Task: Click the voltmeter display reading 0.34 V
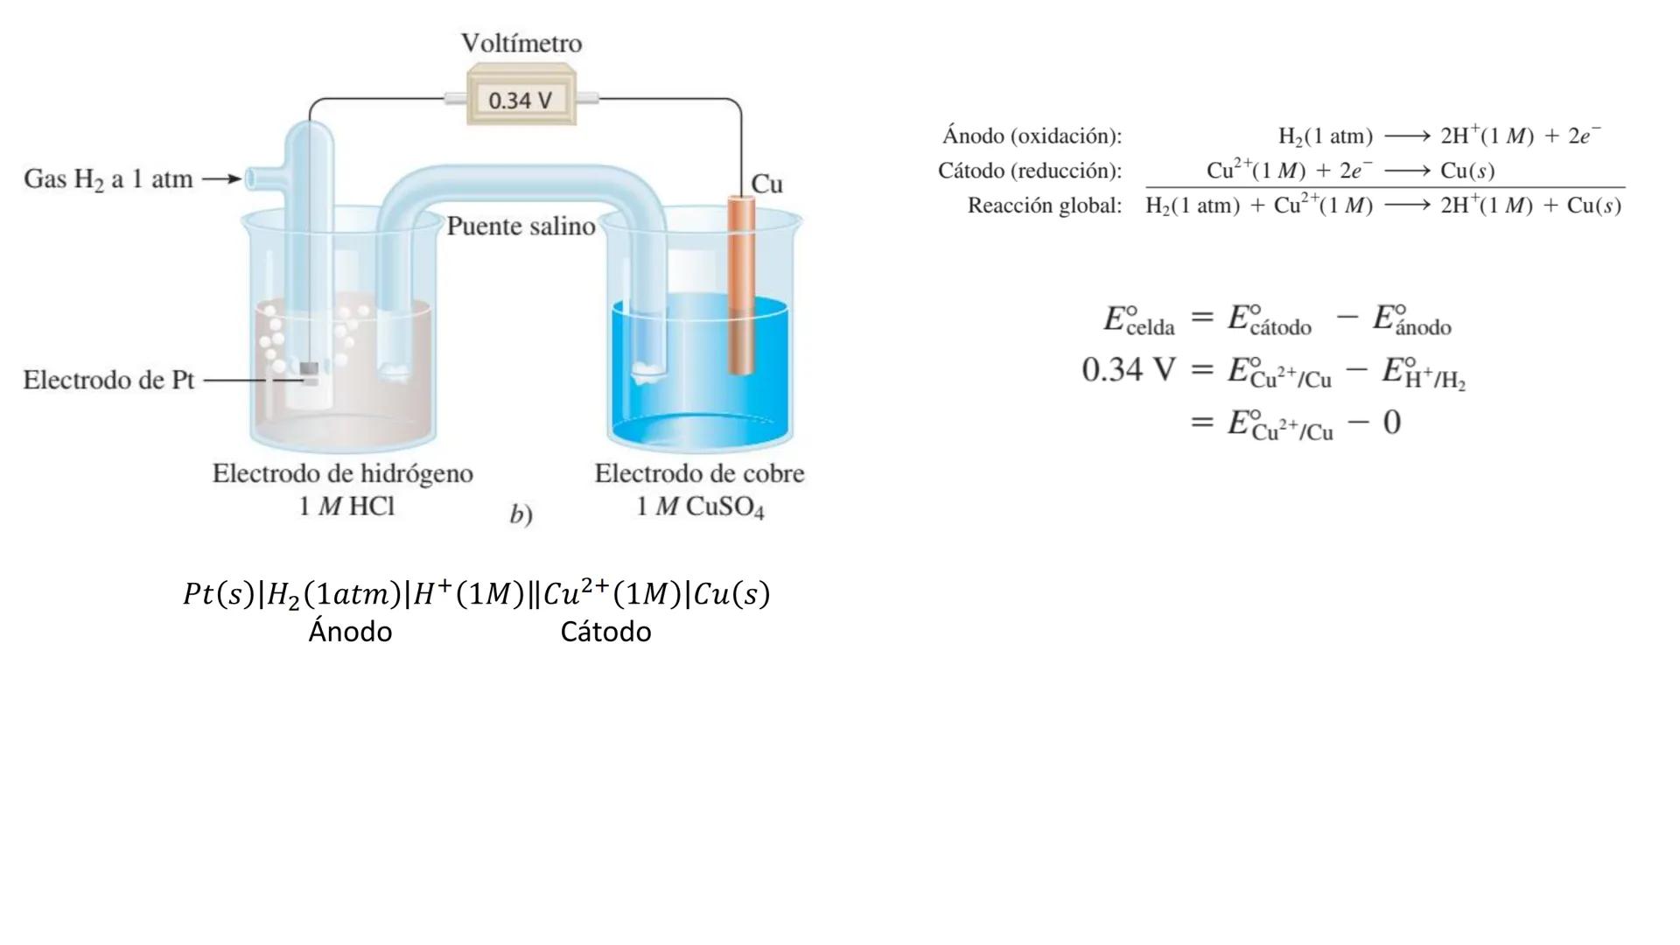coord(521,100)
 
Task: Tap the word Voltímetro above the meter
coord(521,43)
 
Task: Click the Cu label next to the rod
coord(766,184)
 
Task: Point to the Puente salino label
coord(521,227)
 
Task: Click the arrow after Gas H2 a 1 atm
coord(222,179)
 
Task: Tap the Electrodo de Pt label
coord(108,380)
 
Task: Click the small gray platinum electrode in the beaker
coord(308,369)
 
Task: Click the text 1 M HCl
coord(346,507)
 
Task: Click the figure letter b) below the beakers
coord(521,514)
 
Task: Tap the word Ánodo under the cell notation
coord(350,632)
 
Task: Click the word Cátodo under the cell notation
coord(605,632)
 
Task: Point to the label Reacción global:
coord(1044,206)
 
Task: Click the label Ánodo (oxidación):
coord(1032,136)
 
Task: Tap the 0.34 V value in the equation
coord(1129,369)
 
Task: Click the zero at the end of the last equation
coord(1391,423)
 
